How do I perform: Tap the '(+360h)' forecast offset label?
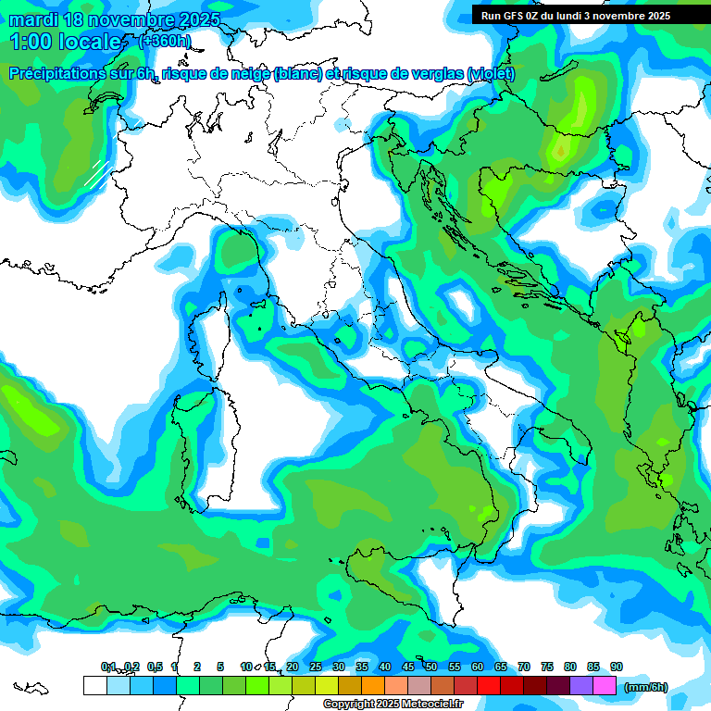pos(166,41)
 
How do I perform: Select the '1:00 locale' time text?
pos(66,42)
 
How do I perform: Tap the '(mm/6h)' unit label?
pos(645,687)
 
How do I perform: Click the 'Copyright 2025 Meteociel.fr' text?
pos(393,705)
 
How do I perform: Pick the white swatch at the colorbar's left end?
pos(94,686)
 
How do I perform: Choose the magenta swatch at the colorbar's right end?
pos(605,686)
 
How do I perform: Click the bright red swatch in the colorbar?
pos(489,686)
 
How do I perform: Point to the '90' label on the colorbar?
pos(617,667)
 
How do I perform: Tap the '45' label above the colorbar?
pos(408,667)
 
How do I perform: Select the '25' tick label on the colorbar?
pos(316,667)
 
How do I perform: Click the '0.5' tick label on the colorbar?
pos(154,667)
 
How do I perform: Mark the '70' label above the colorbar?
pos(524,667)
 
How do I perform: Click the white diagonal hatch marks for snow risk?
pos(97,172)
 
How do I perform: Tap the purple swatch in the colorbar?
pos(581,686)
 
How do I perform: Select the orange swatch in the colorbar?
pos(373,686)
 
